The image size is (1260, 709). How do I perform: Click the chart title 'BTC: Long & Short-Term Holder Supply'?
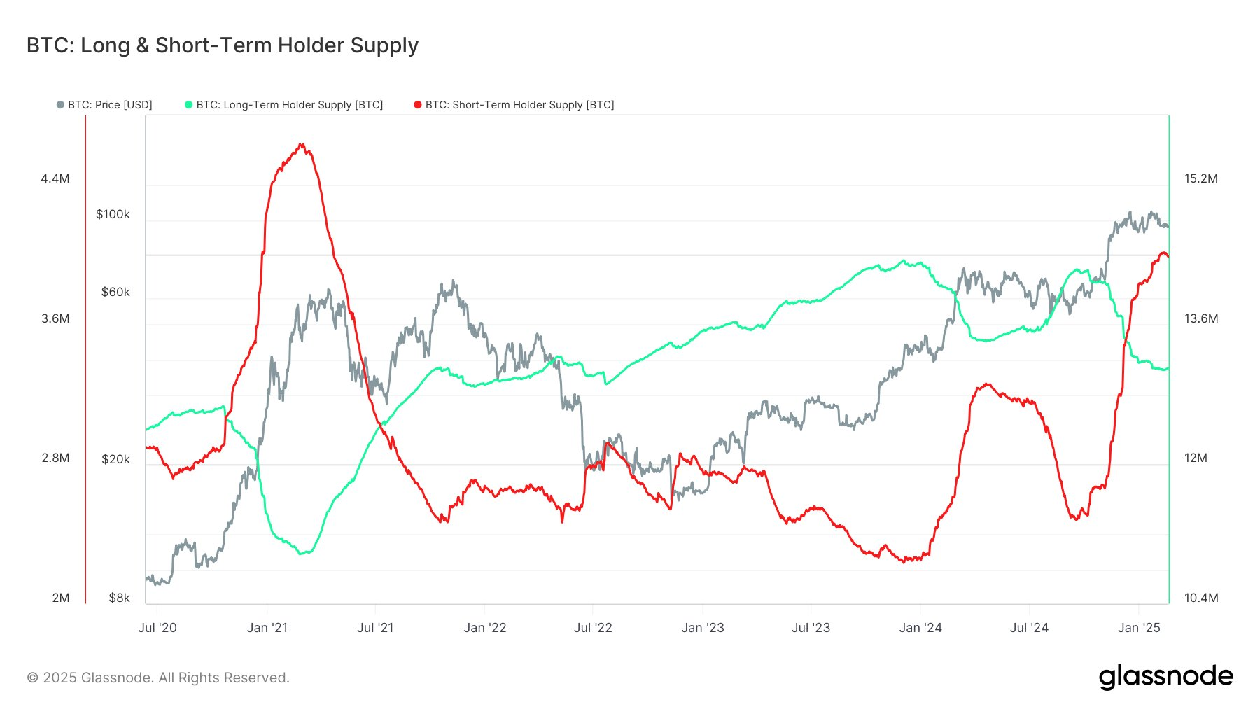tap(223, 45)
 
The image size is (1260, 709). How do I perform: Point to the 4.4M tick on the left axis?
tap(55, 179)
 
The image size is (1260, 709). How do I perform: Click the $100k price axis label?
tap(113, 214)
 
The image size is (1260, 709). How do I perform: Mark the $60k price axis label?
tap(115, 292)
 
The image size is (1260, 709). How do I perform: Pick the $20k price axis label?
tap(115, 459)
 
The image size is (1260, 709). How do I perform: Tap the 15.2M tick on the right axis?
tap(1200, 179)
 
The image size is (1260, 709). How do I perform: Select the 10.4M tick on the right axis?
tap(1200, 598)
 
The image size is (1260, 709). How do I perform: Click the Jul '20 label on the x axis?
tap(157, 628)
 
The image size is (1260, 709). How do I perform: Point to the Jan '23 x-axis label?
tap(703, 628)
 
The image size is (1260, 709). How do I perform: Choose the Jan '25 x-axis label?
tap(1139, 628)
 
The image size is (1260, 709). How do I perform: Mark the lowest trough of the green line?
tap(302, 554)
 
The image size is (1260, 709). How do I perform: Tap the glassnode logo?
tap(1165, 677)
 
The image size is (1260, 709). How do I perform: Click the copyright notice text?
tap(158, 678)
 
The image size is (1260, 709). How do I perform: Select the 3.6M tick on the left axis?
tap(55, 319)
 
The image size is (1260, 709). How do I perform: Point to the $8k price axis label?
tap(119, 598)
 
